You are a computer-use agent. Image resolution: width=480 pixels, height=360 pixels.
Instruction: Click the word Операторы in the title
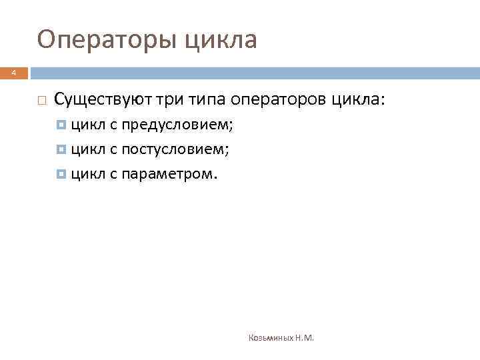click(x=106, y=40)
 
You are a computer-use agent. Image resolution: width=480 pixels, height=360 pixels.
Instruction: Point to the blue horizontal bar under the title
click(x=253, y=73)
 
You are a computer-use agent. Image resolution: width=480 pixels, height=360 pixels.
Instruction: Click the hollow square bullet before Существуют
click(x=41, y=101)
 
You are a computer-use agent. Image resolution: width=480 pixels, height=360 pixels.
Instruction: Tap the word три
click(x=171, y=100)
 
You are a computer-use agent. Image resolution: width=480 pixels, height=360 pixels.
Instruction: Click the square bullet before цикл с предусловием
click(x=62, y=125)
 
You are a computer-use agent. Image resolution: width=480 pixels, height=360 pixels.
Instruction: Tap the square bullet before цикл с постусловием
click(x=62, y=150)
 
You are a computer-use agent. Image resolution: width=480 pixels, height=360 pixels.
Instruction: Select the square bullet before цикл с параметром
click(x=62, y=175)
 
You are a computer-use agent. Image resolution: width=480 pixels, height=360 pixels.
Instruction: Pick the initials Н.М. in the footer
click(x=305, y=338)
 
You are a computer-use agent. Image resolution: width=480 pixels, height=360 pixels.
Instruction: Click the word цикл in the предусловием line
click(x=85, y=125)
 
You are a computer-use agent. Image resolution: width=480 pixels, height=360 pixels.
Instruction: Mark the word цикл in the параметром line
click(x=85, y=175)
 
